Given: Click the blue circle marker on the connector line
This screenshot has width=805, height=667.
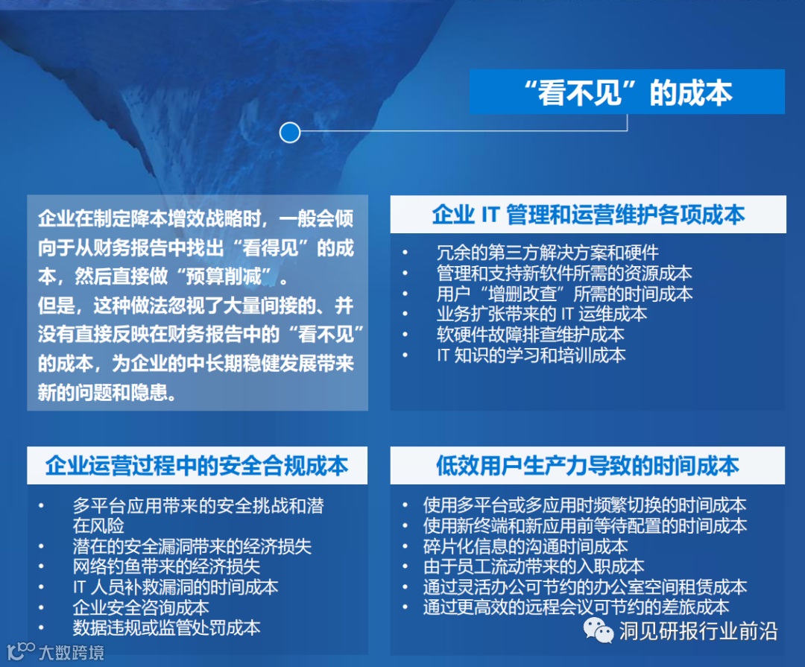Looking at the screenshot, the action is [289, 133].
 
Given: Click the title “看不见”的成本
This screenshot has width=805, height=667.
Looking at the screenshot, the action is [628, 92].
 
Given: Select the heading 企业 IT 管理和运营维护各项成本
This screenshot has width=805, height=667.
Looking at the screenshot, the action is [588, 214].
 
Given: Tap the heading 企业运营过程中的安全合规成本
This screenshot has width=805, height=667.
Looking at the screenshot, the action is [197, 465].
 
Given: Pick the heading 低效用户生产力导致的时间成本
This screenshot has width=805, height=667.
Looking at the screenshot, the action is [587, 465].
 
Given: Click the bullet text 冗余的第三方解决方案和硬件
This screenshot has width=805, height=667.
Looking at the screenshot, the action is [547, 252].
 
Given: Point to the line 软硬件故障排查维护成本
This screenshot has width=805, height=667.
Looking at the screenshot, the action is [531, 335].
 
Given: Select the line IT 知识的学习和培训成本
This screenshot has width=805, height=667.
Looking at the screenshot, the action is [531, 355].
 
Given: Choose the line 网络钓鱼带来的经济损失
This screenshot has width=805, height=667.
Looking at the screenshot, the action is [166, 566].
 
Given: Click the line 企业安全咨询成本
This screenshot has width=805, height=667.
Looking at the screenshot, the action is [141, 607].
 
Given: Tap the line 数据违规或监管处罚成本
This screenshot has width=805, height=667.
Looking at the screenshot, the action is [166, 628].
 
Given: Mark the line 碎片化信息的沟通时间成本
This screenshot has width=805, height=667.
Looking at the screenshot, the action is [525, 546].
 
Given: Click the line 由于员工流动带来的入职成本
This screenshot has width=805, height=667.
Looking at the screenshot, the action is [534, 566].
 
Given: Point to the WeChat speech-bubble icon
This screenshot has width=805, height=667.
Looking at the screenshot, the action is [598, 630].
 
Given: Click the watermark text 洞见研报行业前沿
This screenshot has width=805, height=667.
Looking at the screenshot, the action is [698, 631].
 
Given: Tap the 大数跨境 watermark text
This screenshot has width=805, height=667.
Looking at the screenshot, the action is [72, 652].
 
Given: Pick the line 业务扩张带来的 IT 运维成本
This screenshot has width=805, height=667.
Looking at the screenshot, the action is [542, 314].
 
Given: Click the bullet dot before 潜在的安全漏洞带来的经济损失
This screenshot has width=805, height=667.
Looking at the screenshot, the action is [41, 546].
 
